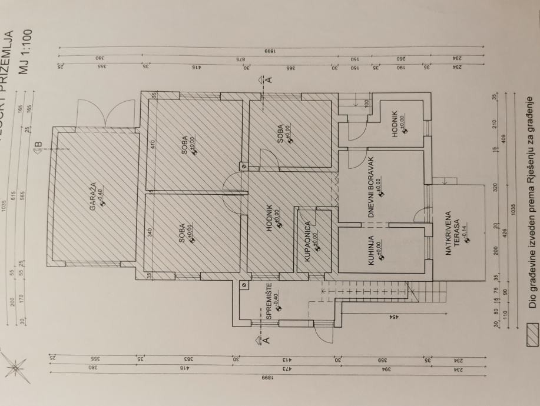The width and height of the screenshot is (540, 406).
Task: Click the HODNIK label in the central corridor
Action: point(269,216)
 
